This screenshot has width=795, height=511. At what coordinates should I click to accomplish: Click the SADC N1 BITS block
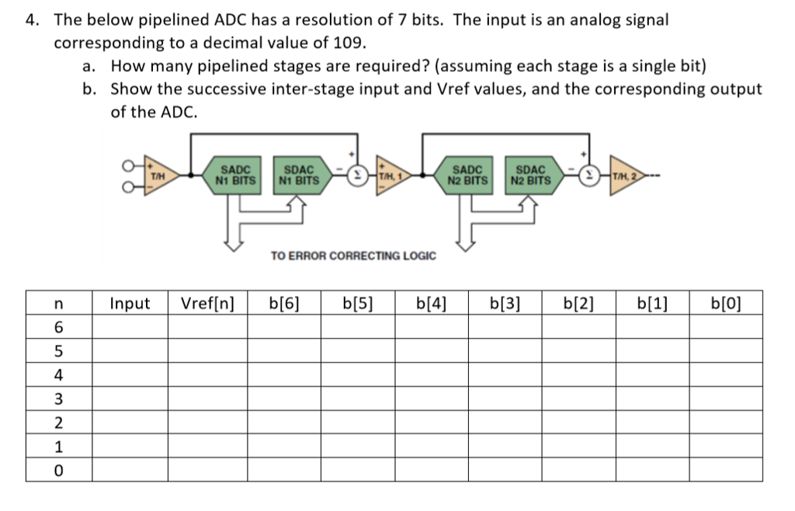click(235, 175)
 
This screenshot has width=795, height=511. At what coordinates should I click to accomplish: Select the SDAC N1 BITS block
click(299, 175)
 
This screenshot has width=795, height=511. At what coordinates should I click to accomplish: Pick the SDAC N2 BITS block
click(531, 175)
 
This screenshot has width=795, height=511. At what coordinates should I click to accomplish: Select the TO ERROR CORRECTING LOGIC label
click(353, 255)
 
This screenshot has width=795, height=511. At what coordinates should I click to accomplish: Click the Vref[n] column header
click(207, 303)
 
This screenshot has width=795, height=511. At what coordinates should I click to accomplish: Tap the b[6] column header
click(283, 303)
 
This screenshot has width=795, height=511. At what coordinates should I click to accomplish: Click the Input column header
click(130, 303)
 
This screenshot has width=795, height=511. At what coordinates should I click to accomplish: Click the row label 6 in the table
click(58, 327)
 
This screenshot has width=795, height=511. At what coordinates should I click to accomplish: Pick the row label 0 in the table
click(58, 471)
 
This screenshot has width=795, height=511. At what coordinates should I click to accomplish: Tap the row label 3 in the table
click(58, 399)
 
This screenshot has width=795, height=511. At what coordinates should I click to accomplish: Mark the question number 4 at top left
click(32, 19)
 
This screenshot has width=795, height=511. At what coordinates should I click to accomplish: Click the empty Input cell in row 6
click(130, 327)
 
